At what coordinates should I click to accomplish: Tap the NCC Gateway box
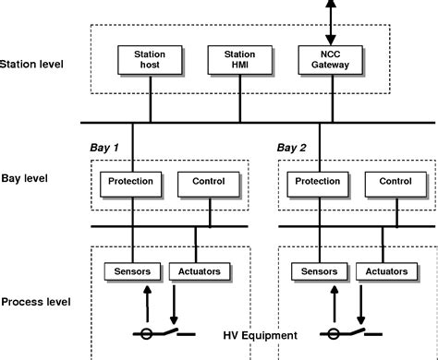pyautogui.click(x=324, y=60)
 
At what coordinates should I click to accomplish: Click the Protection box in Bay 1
pyautogui.click(x=131, y=182)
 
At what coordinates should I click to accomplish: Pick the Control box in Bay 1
pyautogui.click(x=208, y=182)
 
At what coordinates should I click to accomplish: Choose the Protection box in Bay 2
pyautogui.click(x=317, y=182)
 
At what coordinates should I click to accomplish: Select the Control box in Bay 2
pyautogui.click(x=395, y=182)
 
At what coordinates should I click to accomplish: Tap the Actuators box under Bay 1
pyautogui.click(x=197, y=271)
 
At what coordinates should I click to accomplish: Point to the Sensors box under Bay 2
pyautogui.click(x=319, y=271)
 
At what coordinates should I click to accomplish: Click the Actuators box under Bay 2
pyautogui.click(x=385, y=271)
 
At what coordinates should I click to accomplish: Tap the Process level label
pyautogui.click(x=38, y=302)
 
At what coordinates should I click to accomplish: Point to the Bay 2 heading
pyautogui.click(x=293, y=147)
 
